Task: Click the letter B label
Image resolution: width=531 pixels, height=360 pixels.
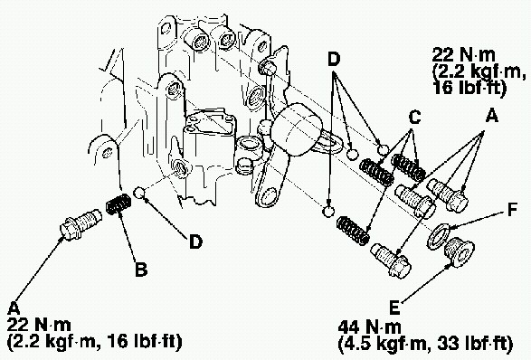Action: pos(141,269)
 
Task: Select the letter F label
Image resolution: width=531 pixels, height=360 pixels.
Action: pos(512,210)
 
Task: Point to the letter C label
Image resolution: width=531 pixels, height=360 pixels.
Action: pos(415,117)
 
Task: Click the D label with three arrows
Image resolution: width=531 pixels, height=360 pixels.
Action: pos(334,60)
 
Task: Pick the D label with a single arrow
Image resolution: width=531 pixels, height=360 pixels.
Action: pos(195,242)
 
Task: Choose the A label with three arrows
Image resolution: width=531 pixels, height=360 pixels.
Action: pos(492,116)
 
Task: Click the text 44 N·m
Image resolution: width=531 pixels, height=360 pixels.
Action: pos(370,327)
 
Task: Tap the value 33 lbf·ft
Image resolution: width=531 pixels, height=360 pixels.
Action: pos(474,344)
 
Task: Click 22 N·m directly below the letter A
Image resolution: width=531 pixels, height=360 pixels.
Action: pos(39,326)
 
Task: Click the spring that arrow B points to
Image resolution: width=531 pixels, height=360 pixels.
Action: pos(119,204)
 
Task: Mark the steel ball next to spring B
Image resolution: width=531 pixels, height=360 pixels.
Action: pos(139,193)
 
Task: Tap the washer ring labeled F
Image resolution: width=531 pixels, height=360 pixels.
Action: pos(439,236)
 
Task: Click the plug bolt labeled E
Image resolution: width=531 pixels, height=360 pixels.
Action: pos(459,252)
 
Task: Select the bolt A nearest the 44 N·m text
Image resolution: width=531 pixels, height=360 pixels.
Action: pos(391,261)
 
